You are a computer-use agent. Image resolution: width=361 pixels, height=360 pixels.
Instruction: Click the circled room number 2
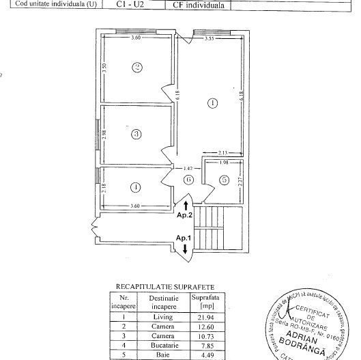click(x=137, y=68)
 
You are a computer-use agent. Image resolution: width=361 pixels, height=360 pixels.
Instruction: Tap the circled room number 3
click(x=136, y=135)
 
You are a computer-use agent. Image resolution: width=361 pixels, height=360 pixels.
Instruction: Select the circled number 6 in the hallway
click(x=188, y=180)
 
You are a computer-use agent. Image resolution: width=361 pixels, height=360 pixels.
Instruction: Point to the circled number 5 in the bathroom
click(x=223, y=180)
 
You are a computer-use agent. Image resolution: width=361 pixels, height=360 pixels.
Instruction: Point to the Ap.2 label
click(x=186, y=214)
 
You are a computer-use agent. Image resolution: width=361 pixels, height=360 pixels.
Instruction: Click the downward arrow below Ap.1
click(x=186, y=249)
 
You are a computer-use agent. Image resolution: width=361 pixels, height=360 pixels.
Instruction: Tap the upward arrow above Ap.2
click(x=186, y=204)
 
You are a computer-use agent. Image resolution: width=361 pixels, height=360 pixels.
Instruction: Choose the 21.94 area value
click(x=207, y=317)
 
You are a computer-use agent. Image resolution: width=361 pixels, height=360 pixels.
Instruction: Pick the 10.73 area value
click(x=207, y=336)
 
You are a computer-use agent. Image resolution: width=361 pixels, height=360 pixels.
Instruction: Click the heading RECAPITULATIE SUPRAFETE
click(x=165, y=287)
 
